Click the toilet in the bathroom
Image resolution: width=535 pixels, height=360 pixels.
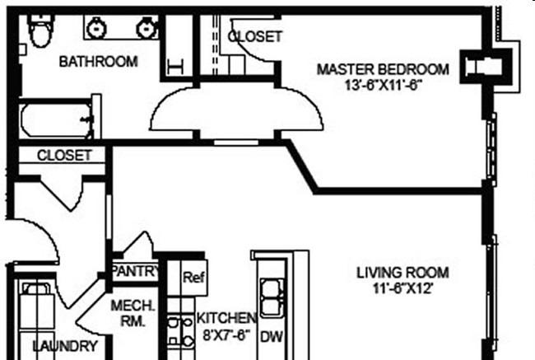pyautogui.click(x=41, y=30)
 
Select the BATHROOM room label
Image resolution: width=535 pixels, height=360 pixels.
pyautogui.click(x=98, y=62)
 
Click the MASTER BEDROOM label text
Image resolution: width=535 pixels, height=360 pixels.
pyautogui.click(x=383, y=70)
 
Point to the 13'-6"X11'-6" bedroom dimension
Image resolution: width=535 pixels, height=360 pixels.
pyautogui.click(x=383, y=86)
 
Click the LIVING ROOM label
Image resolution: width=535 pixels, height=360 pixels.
pyautogui.click(x=402, y=273)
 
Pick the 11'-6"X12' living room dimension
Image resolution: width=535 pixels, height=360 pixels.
pyautogui.click(x=402, y=289)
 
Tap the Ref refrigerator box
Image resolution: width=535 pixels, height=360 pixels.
pyautogui.click(x=194, y=278)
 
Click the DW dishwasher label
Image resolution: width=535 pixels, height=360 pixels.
pyautogui.click(x=272, y=337)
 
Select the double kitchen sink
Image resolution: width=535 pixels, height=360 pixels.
pyautogui.click(x=272, y=298)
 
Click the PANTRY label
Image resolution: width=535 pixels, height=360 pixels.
pyautogui.click(x=136, y=272)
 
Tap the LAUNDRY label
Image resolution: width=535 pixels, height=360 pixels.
pyautogui.click(x=65, y=346)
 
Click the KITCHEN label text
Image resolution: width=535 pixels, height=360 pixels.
pyautogui.click(x=226, y=318)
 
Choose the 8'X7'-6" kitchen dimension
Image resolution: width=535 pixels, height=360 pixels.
pyautogui.click(x=226, y=335)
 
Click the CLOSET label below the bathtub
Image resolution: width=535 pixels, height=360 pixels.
pyautogui.click(x=64, y=156)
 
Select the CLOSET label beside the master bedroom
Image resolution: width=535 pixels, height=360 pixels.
pyautogui.click(x=255, y=36)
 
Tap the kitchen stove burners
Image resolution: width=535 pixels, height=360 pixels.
pyautogui.click(x=180, y=331)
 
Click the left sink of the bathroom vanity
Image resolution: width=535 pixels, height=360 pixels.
pyautogui.click(x=96, y=28)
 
